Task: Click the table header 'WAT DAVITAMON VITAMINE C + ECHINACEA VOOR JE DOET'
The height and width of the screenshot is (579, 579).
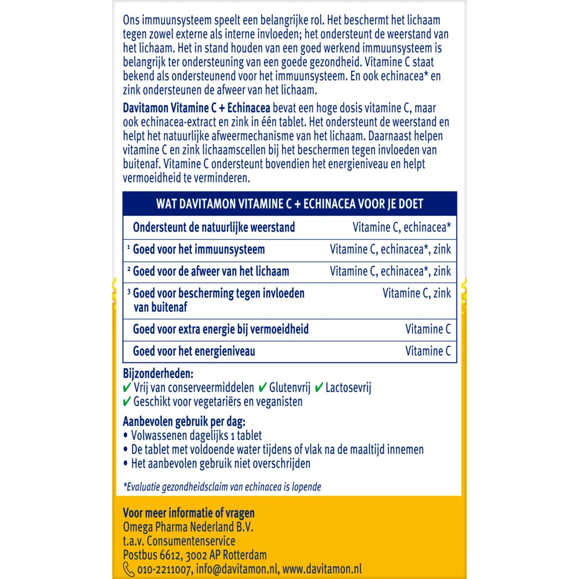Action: (x=289, y=204)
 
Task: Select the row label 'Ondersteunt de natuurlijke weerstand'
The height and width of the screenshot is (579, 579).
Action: (x=214, y=228)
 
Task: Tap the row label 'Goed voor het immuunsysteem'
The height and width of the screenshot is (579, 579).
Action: (x=199, y=250)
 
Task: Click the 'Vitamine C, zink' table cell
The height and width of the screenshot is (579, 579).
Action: (x=416, y=293)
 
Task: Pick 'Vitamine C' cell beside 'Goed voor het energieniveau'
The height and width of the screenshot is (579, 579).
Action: (x=428, y=351)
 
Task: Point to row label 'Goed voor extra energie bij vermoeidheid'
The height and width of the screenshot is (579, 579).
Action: (x=221, y=329)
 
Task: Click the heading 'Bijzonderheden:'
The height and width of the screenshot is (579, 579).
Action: (x=158, y=373)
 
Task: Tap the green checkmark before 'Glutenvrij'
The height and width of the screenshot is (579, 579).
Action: (x=262, y=387)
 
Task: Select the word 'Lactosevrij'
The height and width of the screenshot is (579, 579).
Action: (x=348, y=387)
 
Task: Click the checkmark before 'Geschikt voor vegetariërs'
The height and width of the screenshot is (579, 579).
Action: (x=127, y=401)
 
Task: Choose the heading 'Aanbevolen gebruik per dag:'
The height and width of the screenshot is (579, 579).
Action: (x=184, y=421)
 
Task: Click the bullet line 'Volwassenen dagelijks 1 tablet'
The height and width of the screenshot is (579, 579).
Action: (x=196, y=435)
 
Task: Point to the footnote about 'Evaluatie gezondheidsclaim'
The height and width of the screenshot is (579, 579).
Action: (x=222, y=486)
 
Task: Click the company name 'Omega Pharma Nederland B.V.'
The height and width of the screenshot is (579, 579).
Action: (x=188, y=527)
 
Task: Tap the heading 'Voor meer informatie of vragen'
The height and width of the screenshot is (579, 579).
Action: (x=189, y=513)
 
